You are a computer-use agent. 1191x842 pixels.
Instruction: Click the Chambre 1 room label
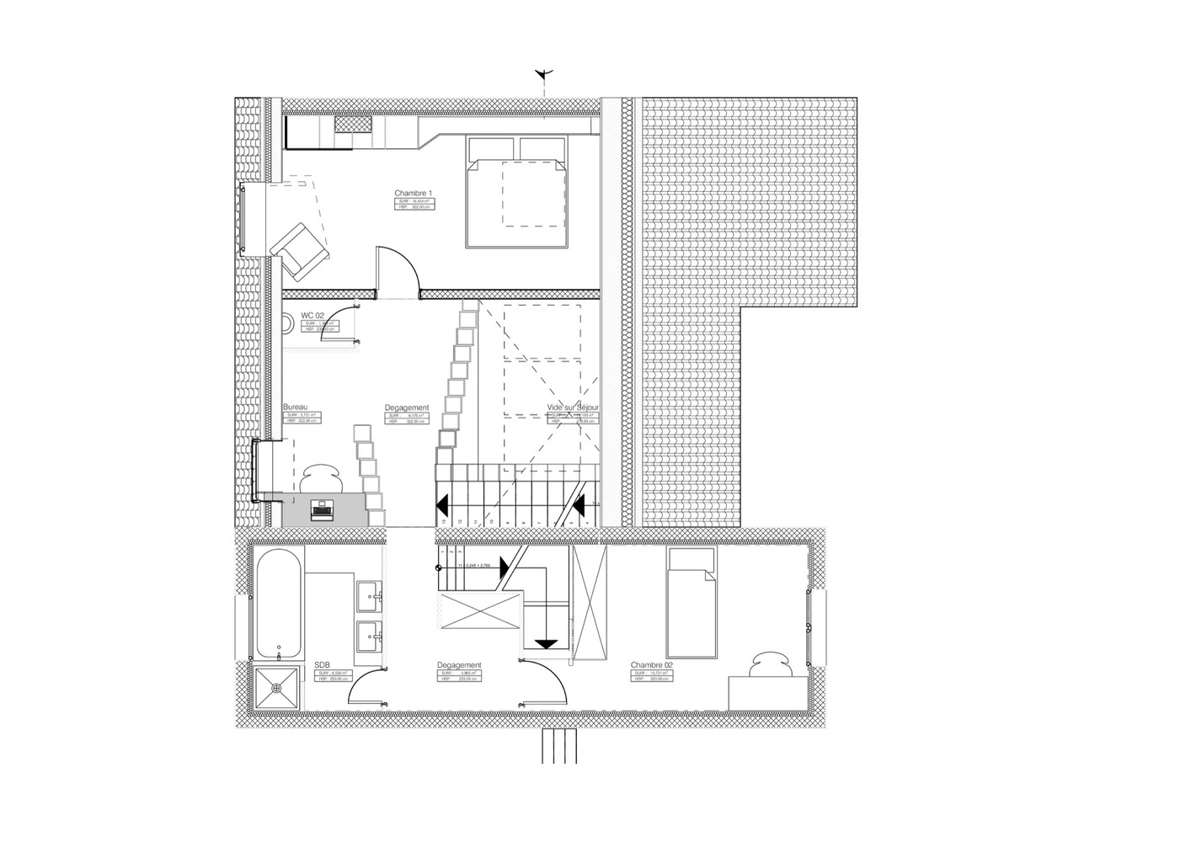pos(413,193)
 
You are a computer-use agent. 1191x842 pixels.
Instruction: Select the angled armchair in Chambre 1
pos(300,249)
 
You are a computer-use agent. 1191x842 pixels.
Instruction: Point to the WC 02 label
pos(312,315)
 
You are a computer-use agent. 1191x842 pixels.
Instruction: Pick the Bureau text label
pos(296,407)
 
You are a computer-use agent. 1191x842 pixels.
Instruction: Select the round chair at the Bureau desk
pos(321,479)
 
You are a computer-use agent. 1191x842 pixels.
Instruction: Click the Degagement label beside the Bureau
pos(407,408)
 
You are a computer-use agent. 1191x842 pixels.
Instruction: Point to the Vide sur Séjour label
pos(573,408)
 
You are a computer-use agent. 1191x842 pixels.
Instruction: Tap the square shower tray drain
pos(276,689)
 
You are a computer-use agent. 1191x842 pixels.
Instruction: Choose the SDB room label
pos(322,664)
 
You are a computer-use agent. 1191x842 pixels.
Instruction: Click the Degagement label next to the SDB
pos(459,664)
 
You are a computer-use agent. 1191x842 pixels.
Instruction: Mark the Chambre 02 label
pos(652,664)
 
